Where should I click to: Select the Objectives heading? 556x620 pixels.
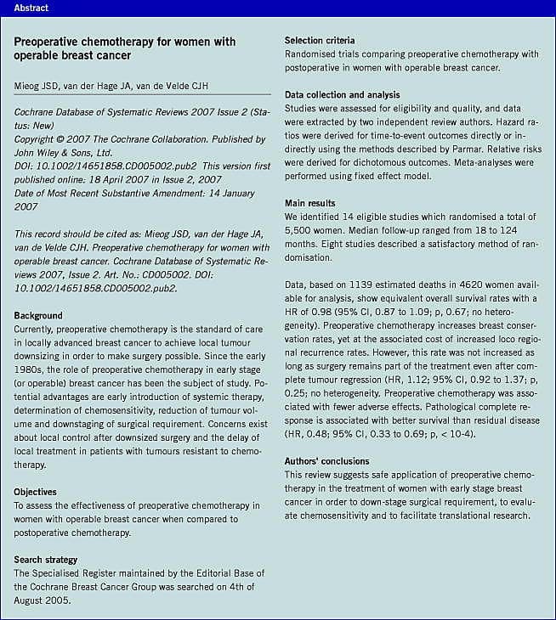click(x=36, y=492)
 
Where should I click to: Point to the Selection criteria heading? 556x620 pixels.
click(x=320, y=40)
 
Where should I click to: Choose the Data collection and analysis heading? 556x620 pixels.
click(x=342, y=95)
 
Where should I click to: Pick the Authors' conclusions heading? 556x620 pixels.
click(x=327, y=461)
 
